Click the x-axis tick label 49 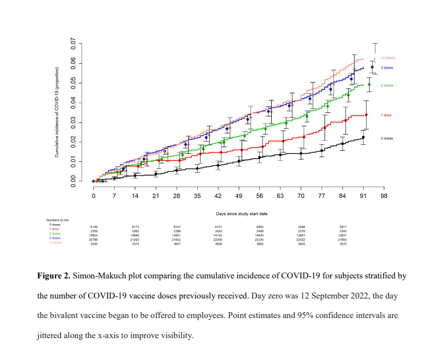pos(239,195)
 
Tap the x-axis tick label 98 pos(383,195)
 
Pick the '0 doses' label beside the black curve pos(387,138)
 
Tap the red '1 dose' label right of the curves pos(386,115)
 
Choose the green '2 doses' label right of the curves pos(387,85)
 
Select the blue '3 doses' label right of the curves pos(387,68)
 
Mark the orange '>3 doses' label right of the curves pos(387,58)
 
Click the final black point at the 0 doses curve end pos(363,137)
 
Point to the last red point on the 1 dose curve pos(366,115)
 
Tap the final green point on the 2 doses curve pos(369,85)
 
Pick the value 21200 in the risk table pos(135,239)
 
